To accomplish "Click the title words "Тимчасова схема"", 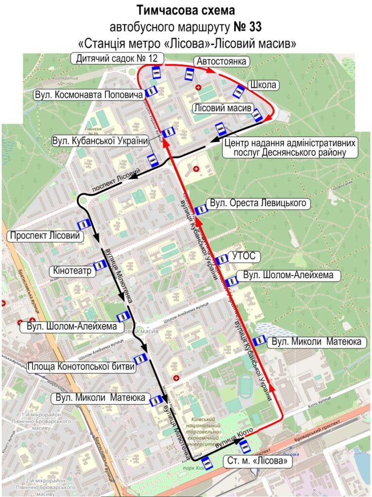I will click(186, 10).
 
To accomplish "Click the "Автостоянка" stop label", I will click(222, 61).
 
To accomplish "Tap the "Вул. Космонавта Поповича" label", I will click(88, 94).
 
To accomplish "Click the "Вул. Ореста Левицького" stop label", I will click(258, 203).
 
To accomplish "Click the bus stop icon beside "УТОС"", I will click(221, 260).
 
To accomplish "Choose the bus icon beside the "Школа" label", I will click(239, 91).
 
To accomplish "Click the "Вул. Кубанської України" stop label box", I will click(100, 141).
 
